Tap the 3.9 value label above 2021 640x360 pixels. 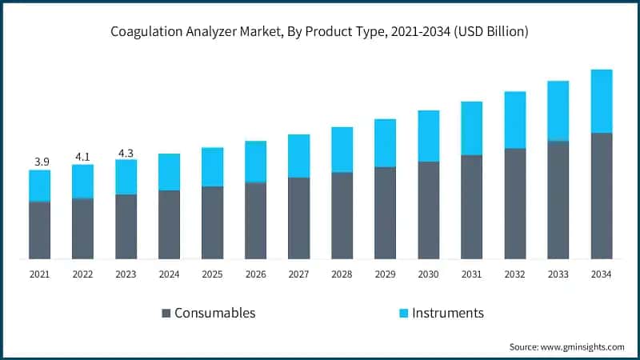[x=41, y=162]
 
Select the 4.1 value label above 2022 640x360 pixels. [x=83, y=157]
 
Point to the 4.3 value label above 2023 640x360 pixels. [x=126, y=151]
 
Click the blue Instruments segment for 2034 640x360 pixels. [x=602, y=101]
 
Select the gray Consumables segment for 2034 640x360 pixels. [x=602, y=196]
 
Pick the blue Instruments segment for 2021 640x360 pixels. [x=40, y=186]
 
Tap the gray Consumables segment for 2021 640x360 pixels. [x=40, y=230]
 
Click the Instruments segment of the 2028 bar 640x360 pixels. [x=342, y=150]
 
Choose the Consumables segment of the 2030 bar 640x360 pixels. [x=429, y=210]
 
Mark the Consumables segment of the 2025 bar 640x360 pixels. [x=213, y=223]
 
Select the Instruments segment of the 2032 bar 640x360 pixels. [x=515, y=120]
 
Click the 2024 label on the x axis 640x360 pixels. [x=170, y=274]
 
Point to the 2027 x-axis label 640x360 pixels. [x=299, y=274]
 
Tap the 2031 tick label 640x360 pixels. [x=472, y=274]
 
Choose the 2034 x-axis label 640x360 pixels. [x=602, y=274]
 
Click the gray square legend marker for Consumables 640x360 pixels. [x=166, y=313]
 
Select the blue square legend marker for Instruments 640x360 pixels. [x=403, y=313]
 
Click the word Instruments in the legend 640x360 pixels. [x=447, y=313]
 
